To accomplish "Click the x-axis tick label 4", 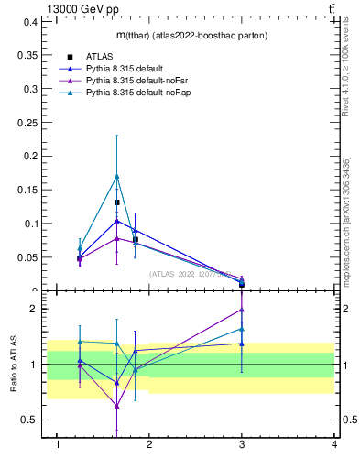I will click(335, 444).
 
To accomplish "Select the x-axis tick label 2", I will click(150, 444).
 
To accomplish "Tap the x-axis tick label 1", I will click(58, 444).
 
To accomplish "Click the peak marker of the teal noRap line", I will click(116, 176).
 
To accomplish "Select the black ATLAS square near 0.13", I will click(116, 202).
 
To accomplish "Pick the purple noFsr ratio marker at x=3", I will click(242, 310).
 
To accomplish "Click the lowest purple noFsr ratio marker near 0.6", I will click(116, 406).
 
